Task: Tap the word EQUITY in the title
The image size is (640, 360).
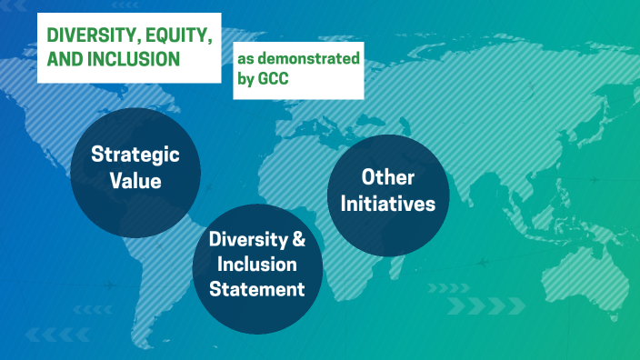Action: (x=174, y=35)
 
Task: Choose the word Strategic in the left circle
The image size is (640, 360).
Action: (x=135, y=155)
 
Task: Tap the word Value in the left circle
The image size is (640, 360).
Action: (x=135, y=180)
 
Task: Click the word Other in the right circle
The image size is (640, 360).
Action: (x=388, y=177)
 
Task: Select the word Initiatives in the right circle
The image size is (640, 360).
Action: (x=388, y=204)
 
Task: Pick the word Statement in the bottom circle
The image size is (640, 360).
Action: (x=257, y=290)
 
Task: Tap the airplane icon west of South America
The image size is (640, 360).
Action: (x=108, y=285)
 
